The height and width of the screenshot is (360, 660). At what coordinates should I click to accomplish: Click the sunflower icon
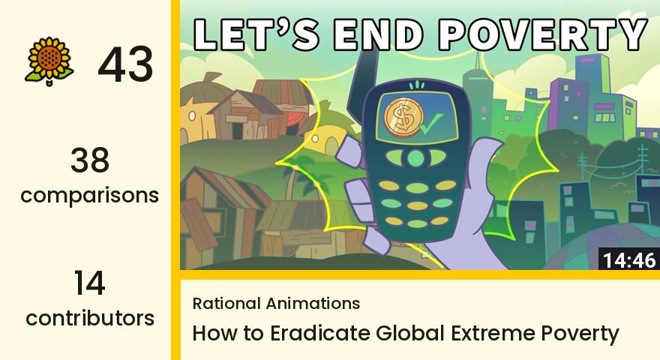pyautogui.click(x=49, y=61)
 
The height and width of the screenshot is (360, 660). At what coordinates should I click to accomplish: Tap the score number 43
pyautogui.click(x=125, y=64)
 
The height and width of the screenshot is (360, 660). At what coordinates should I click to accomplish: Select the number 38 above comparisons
pyautogui.click(x=90, y=160)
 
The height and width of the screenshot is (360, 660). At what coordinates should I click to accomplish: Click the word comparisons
pyautogui.click(x=90, y=195)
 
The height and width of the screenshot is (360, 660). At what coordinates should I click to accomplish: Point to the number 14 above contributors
pyautogui.click(x=90, y=283)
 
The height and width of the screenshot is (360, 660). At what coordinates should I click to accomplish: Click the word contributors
pyautogui.click(x=90, y=318)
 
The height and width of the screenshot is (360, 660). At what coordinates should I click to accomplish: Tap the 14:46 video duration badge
pyautogui.click(x=629, y=259)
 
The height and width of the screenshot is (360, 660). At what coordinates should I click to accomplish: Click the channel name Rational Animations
pyautogui.click(x=276, y=303)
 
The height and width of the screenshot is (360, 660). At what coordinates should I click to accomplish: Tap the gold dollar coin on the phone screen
pyautogui.click(x=403, y=118)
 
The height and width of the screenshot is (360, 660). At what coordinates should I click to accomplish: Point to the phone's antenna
pyautogui.click(x=362, y=85)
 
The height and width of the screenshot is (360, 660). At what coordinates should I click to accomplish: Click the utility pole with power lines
pyautogui.click(x=641, y=163)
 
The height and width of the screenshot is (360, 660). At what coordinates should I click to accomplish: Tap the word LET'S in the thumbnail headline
pyautogui.click(x=256, y=34)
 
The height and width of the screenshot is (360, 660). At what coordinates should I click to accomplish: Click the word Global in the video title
pyautogui.click(x=410, y=333)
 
